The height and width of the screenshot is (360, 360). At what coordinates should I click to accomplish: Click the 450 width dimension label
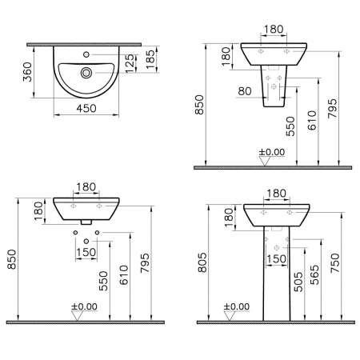86,108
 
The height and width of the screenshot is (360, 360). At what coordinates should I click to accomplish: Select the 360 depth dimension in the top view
27,72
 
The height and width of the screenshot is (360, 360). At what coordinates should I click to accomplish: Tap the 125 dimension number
130,63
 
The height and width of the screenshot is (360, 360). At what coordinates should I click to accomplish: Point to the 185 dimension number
150,59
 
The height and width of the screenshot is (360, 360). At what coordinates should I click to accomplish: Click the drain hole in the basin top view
86,73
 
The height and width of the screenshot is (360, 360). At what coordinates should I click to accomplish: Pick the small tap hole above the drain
86,54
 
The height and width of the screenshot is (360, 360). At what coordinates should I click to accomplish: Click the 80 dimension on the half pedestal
245,91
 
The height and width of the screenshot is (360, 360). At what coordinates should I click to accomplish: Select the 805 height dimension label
202,262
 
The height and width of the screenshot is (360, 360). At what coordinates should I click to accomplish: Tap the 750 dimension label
335,263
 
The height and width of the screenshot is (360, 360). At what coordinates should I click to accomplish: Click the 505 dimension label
298,282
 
